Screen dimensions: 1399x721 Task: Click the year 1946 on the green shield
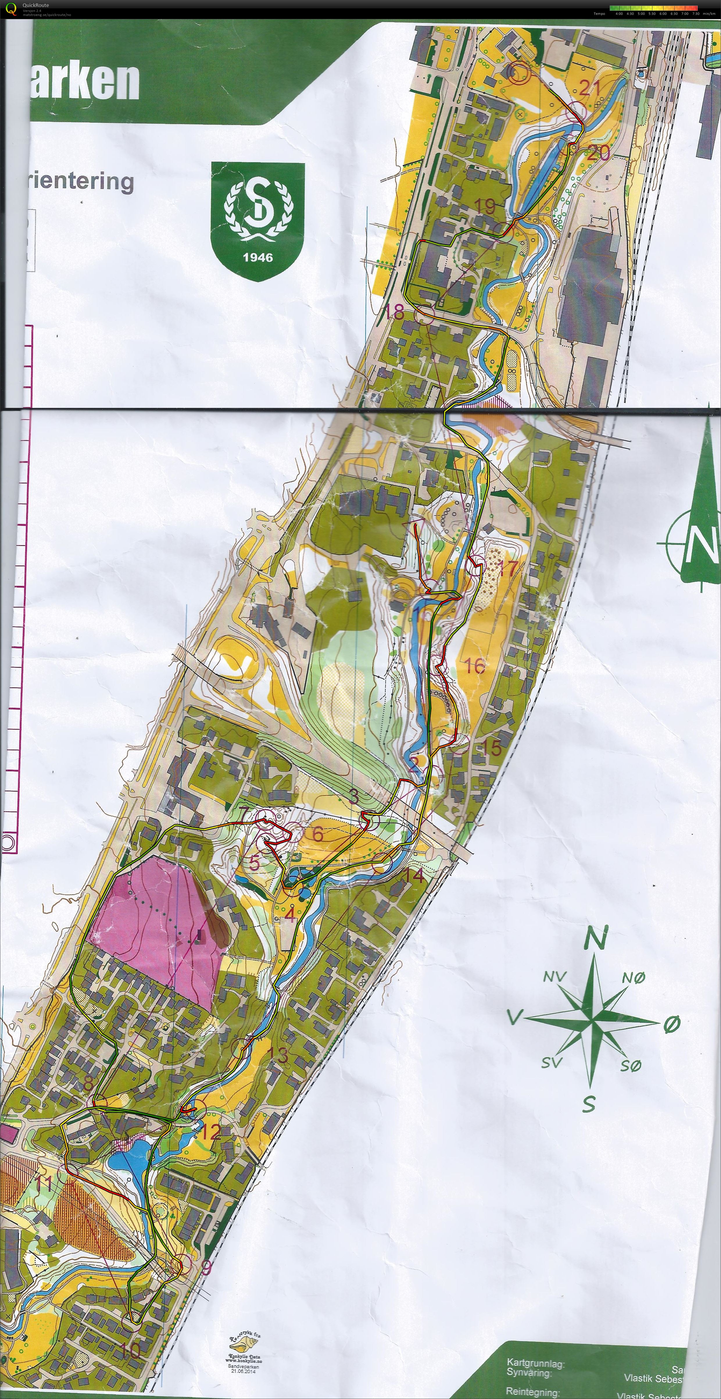point(257,257)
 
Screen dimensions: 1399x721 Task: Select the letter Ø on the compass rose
point(672,1024)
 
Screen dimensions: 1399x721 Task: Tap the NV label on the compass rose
point(555,977)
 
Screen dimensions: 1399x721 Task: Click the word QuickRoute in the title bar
point(36,5)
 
